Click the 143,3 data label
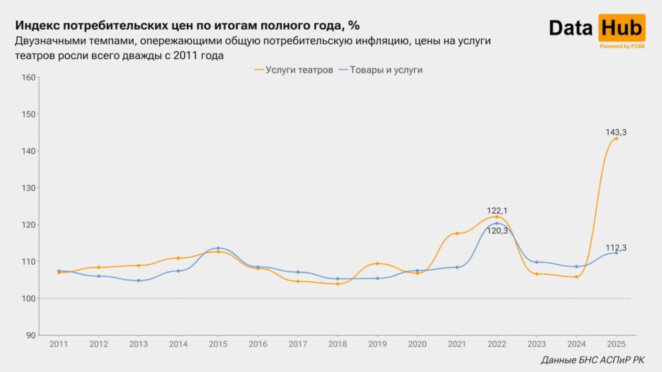(x=616, y=132)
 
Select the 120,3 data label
(x=496, y=231)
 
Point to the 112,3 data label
(x=616, y=247)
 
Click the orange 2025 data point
(x=616, y=138)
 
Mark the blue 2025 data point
(x=616, y=253)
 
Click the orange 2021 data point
(x=457, y=233)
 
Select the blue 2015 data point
(x=218, y=248)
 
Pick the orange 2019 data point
(x=378, y=263)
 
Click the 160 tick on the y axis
(x=28, y=77)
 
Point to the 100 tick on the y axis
(x=28, y=298)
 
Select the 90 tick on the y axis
(x=30, y=335)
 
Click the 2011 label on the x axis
(x=59, y=344)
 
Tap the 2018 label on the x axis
(x=337, y=344)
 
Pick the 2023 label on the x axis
(x=537, y=344)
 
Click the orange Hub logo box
(x=621, y=28)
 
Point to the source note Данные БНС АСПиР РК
(x=592, y=360)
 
